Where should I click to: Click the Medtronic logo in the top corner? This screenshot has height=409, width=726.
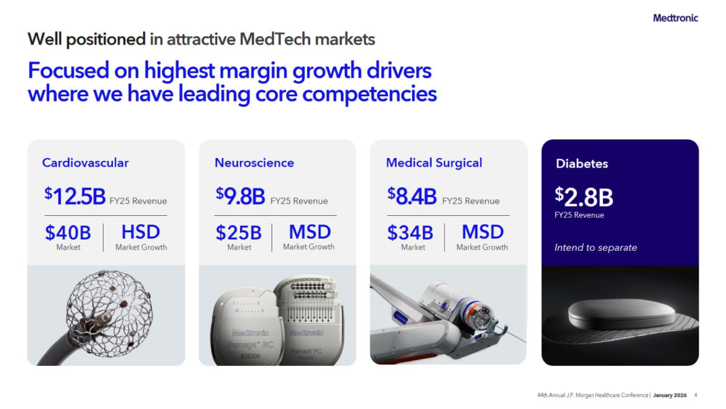[675, 18]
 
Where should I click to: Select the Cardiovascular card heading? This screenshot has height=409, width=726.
[85, 163]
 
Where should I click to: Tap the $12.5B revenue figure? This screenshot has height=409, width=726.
[75, 196]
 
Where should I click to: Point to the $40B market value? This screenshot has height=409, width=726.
[68, 233]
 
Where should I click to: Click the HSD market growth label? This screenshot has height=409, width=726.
[140, 232]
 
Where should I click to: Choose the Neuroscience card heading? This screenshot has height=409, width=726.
[254, 163]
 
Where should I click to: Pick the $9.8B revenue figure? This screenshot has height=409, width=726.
[240, 196]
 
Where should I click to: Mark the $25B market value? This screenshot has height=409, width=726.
[239, 233]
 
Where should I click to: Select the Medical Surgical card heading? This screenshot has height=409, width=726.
[434, 163]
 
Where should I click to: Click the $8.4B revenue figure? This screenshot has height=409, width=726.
[412, 196]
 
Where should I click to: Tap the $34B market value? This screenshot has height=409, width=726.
[410, 233]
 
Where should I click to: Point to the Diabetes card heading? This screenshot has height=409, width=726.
[581, 163]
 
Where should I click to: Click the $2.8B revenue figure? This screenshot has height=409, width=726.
[584, 197]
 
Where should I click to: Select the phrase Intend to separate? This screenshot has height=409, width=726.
[596, 248]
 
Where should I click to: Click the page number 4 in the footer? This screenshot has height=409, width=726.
[696, 395]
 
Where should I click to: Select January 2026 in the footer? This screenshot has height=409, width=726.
[670, 395]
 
